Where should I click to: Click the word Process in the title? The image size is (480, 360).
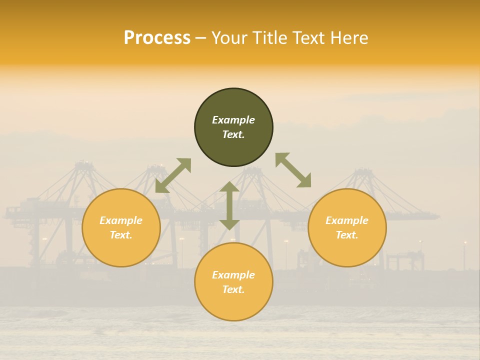coord(157,38)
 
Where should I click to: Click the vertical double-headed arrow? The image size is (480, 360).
coord(229,205)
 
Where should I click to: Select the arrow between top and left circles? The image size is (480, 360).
coord(173,175)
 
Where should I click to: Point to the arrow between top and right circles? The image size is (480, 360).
coord(293,170)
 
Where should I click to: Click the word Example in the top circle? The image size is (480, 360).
coord(233,120)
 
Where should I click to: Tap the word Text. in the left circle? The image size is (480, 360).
coord(121,235)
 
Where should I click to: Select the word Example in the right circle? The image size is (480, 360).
coord(347,220)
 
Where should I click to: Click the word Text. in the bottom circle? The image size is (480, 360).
coord(233,289)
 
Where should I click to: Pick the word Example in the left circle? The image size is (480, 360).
coord(121,220)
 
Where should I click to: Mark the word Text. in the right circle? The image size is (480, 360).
coord(347,235)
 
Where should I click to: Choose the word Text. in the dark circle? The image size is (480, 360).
coord(233,134)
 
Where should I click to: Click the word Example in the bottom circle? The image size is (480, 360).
coord(233,275)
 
